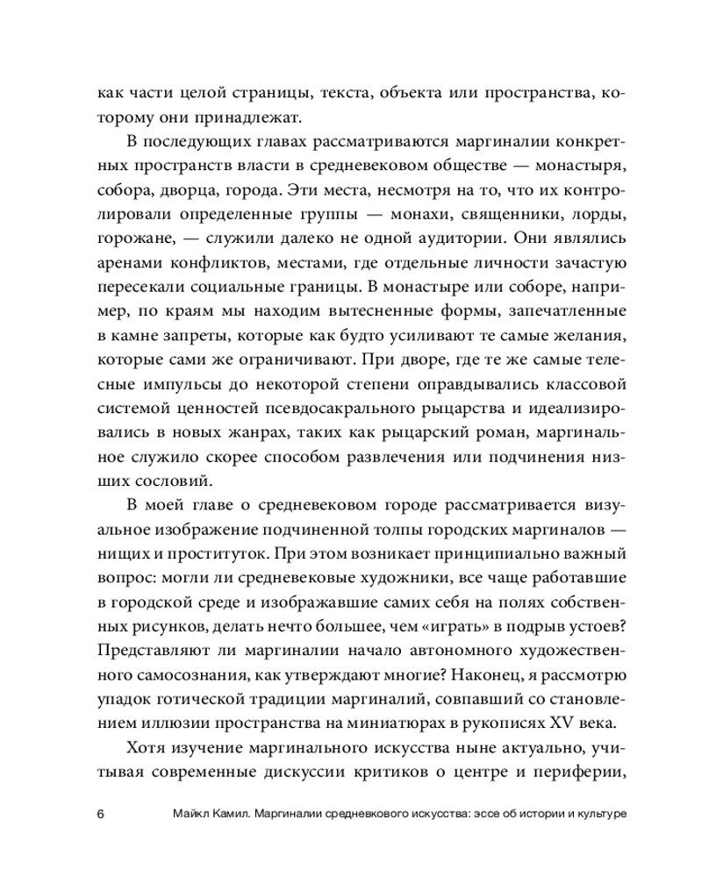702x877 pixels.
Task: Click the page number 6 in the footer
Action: click(x=100, y=813)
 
